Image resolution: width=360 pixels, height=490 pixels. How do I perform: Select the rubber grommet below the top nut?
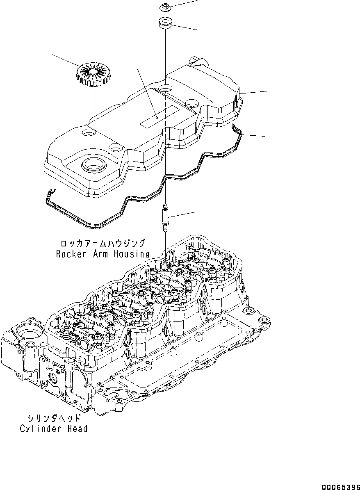tap(165, 23)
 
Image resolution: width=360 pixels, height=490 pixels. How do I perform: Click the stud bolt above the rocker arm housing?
tap(166, 218)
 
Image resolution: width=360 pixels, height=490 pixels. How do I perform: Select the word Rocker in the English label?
tap(71, 254)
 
